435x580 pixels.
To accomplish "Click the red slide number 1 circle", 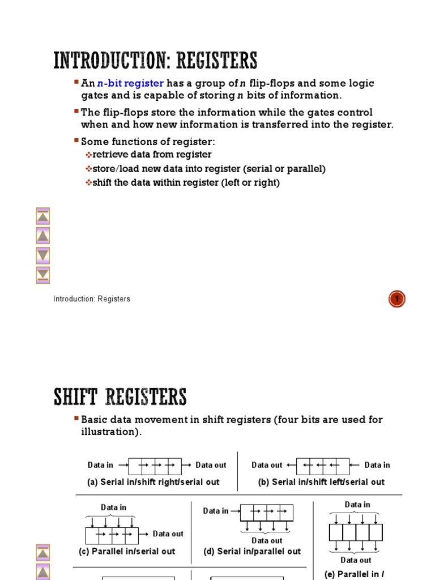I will pos(397,298).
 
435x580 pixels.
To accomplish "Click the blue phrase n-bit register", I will pos(130,83).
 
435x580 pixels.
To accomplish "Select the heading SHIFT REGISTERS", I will pos(120,397).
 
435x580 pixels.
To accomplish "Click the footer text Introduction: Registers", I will pos(92,298).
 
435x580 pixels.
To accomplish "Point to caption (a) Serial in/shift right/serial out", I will pos(153,482).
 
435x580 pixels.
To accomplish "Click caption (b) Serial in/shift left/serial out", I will pos(321,482).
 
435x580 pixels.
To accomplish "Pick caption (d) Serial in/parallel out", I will pos(252,551).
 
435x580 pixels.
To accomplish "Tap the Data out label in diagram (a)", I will pos(211,465).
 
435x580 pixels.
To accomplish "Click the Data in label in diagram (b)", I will pos(377,465).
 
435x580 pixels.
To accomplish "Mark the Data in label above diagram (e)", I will pos(357,505).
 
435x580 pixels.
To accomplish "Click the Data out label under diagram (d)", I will pos(267,540).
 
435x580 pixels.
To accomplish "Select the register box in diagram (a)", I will pos(155,466).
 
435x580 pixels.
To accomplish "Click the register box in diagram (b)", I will pos(322,466).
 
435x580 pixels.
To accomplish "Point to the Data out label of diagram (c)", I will pos(168,534).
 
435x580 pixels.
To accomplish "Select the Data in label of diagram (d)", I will pos(216,511).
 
